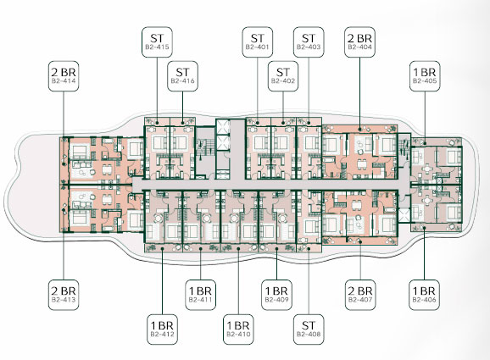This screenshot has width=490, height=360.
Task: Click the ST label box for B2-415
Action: [x=157, y=42]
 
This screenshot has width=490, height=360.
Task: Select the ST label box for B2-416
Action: [x=182, y=76]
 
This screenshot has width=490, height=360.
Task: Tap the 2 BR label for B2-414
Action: [x=64, y=76]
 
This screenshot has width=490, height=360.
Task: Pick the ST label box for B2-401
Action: [x=258, y=42]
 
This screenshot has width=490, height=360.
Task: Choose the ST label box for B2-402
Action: [x=283, y=76]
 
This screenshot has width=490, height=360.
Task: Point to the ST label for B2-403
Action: [x=309, y=42]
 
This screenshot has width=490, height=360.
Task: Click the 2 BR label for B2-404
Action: [x=359, y=42]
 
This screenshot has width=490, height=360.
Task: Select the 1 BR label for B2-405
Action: [x=425, y=76]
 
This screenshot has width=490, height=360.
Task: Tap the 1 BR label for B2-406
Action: [x=425, y=295]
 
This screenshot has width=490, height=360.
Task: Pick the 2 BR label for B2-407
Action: [x=360, y=295]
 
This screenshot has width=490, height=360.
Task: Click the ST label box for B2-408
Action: [x=309, y=330]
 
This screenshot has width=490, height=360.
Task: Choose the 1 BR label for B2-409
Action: [x=276, y=295]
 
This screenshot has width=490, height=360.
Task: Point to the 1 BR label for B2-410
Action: [x=238, y=330]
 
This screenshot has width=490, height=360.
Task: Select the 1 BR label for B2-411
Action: [x=200, y=295]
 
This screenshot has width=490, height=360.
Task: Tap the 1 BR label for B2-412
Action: [x=162, y=330]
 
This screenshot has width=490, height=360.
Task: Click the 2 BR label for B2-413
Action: [x=64, y=295]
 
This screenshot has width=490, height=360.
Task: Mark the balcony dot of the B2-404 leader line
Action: [x=359, y=129]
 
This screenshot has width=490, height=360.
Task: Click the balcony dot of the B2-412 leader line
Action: [x=163, y=248]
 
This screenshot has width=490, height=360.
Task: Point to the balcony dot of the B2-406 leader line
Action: [x=425, y=228]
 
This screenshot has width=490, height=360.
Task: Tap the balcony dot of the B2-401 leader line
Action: [x=258, y=123]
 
